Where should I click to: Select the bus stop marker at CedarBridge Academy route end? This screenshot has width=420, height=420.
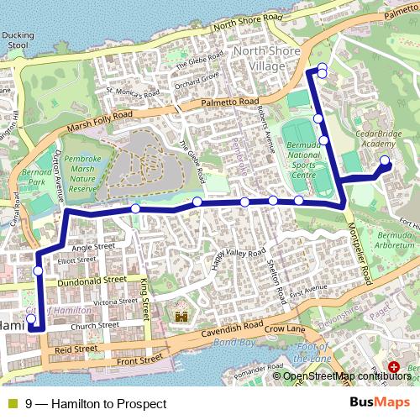(x=385, y=160)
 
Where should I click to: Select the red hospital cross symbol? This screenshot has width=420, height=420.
(x=395, y=367)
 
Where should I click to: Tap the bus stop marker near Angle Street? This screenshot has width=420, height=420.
(x=39, y=270)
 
